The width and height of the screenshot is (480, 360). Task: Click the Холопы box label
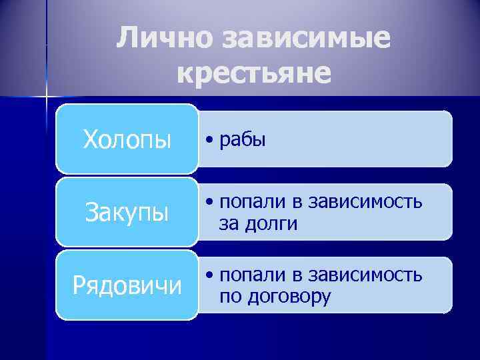(127, 140)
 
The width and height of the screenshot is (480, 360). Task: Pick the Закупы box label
(127, 213)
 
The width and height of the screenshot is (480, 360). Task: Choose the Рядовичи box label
(127, 285)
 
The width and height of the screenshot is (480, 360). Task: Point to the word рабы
(243, 140)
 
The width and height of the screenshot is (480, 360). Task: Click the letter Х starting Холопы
(91, 140)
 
